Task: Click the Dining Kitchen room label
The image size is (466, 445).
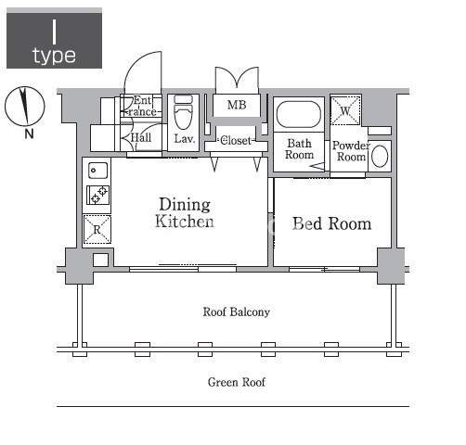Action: coord(185,213)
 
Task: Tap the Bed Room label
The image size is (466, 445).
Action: coord(331,223)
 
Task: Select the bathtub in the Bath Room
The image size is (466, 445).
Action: coord(299,114)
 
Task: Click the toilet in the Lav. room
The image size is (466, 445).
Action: coord(183,112)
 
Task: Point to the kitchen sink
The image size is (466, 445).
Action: coord(97,171)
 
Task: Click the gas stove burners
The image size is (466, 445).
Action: coord(97,195)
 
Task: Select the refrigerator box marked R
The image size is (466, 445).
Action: coord(97,230)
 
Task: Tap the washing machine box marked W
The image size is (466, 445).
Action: coord(345,110)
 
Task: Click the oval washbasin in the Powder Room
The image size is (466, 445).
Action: coord(380,156)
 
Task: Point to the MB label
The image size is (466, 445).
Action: coord(237,105)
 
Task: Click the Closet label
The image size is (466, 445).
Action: coord(236,141)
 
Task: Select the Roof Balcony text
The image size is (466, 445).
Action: coord(237,312)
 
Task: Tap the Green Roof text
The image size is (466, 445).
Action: coord(237,382)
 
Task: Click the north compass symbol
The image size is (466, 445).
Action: coord(25,107)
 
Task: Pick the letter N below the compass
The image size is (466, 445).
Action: coord(29,134)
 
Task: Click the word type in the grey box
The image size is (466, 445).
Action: coord(54,57)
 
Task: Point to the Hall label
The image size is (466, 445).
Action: coord(141,138)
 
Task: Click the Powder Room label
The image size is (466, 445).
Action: coord(351,151)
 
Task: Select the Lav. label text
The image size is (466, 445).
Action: coord(185,139)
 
